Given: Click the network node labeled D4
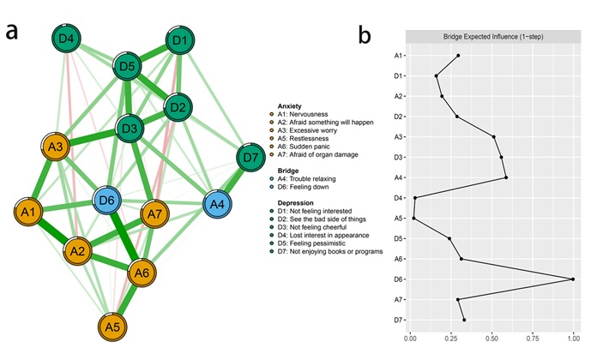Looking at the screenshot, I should [67, 39].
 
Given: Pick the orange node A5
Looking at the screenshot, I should [111, 327].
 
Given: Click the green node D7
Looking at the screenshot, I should [250, 159].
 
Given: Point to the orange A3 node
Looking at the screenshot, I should [57, 147].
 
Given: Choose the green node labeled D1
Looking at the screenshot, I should [180, 41].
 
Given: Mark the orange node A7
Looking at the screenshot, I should [154, 213].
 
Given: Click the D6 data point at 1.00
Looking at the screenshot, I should [573, 279].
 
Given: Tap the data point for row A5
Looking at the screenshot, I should [413, 219].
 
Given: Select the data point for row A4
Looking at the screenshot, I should [507, 177].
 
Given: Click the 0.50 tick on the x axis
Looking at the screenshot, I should [491, 338].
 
